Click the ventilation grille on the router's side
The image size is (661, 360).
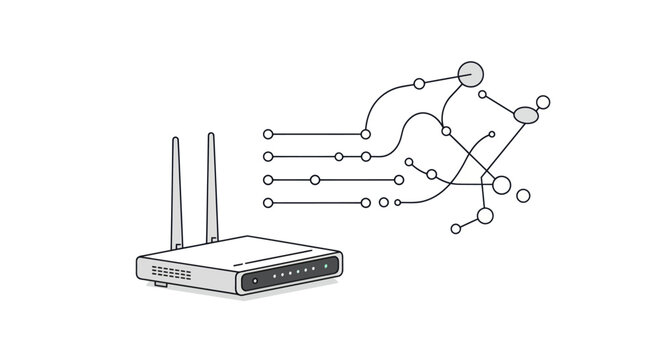pos(171,271)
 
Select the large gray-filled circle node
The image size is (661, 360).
pos(470,73)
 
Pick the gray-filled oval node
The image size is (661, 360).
pos(526,115)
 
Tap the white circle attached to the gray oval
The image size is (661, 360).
pos(543,101)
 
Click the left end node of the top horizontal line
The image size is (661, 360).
pos(268,134)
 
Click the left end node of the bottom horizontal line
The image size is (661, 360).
pos(268,203)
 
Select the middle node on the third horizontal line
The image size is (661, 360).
pos(315,180)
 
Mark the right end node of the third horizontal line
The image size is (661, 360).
pos(399,180)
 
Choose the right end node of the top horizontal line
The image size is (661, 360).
pos(366,134)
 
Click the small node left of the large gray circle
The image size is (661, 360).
pos(419,83)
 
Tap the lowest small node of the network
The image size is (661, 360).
pos(456,229)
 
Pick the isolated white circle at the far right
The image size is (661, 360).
pos(523,195)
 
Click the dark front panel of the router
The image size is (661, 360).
pos(290,274)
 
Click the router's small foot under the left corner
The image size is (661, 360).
pos(160,284)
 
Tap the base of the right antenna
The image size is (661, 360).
pos(212,238)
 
